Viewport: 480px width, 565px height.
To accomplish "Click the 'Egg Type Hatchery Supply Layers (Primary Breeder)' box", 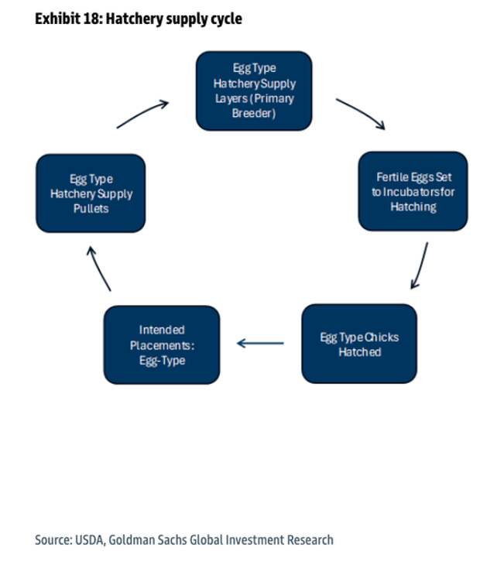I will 253,90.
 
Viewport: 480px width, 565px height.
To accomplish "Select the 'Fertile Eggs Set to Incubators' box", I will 413,191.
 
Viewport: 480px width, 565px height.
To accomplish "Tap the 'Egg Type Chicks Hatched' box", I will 359,344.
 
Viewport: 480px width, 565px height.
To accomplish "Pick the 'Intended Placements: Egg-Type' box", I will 162,344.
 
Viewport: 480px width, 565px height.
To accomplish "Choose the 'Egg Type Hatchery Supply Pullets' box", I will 91,193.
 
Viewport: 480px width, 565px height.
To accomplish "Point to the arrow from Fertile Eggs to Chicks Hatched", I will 420,265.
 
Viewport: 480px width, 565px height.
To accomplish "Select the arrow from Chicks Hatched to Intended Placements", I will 260,342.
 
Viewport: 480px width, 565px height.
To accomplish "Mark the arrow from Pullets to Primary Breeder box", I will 143,113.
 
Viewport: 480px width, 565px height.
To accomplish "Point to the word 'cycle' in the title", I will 225,18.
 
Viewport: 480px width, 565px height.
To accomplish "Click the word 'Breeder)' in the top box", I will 253,113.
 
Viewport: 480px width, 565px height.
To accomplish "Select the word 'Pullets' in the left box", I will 91,208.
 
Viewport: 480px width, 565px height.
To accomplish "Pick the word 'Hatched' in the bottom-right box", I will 359,351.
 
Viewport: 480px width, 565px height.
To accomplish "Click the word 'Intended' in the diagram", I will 162,329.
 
